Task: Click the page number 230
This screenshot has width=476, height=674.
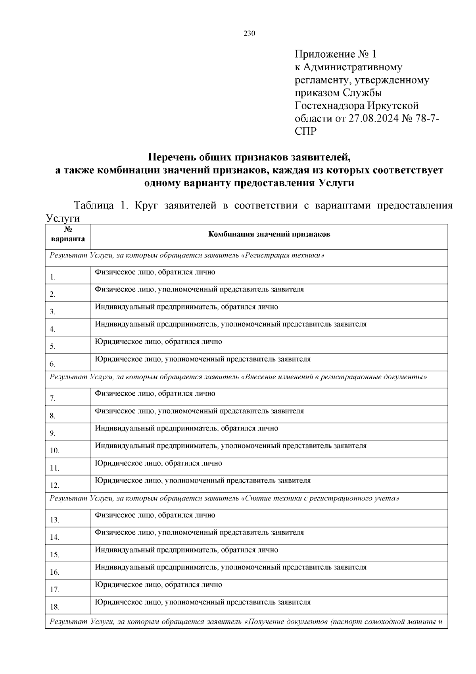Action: click(x=249, y=33)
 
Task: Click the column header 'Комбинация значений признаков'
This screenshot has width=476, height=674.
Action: click(x=269, y=234)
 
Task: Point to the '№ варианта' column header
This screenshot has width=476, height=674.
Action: click(x=68, y=234)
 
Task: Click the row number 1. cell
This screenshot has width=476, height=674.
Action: click(x=53, y=277)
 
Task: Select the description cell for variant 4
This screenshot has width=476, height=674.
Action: click(x=230, y=324)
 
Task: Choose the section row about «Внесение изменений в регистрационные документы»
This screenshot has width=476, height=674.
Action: click(x=238, y=377)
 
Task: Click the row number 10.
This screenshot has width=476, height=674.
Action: click(x=55, y=451)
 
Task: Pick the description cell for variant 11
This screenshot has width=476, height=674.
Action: click(x=158, y=463)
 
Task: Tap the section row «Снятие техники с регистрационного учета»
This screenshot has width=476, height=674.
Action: click(x=224, y=498)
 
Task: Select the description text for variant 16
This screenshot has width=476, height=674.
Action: click(x=230, y=567)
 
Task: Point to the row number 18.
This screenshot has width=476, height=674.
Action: click(x=55, y=607)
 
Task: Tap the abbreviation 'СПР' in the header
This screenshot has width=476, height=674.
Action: click(x=306, y=131)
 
